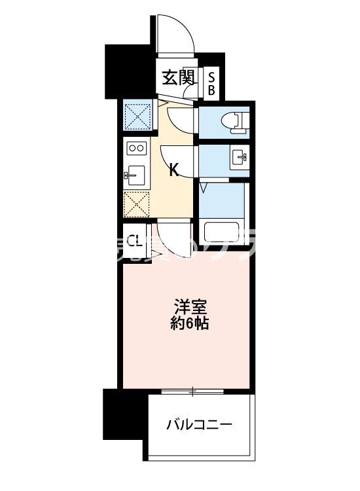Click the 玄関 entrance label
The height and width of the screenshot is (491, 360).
179,78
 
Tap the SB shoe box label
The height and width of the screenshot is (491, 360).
211,83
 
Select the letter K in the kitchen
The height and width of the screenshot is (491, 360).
174,170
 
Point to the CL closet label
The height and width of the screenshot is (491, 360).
134,240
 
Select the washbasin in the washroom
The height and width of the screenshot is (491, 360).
237,156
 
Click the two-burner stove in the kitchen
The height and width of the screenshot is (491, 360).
136,148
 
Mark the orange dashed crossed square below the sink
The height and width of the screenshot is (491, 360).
137,204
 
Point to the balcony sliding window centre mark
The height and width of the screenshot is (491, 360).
192,392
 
